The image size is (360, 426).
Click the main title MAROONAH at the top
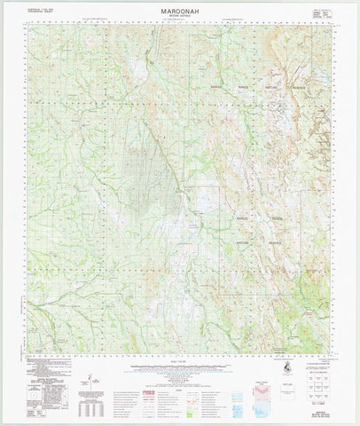click(x=180, y=7)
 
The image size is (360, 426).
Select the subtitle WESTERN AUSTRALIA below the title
click(x=180, y=14)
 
